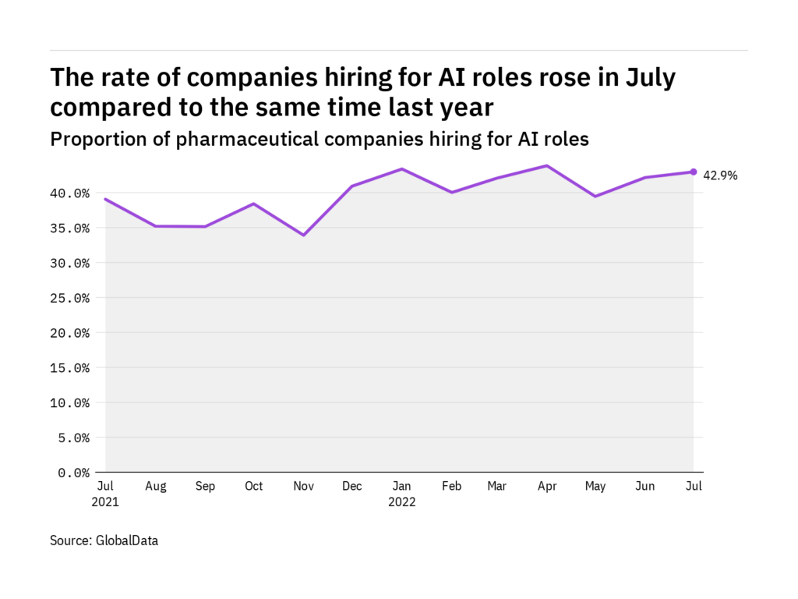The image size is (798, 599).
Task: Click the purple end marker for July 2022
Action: [x=694, y=172]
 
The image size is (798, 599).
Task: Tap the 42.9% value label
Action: [x=721, y=176]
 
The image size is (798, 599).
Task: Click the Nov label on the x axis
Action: [x=303, y=487]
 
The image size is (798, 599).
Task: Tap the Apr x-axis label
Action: [x=546, y=487]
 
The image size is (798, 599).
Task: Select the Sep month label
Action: [x=205, y=487]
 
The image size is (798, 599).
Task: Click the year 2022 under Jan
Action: [x=401, y=502]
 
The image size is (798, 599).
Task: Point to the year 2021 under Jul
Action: [x=105, y=502]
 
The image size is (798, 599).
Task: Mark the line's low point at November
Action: [x=303, y=235]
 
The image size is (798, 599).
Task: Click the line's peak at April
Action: [x=547, y=165]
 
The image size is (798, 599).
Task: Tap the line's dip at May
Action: [x=595, y=197]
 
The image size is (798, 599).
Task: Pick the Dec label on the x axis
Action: [x=352, y=487]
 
